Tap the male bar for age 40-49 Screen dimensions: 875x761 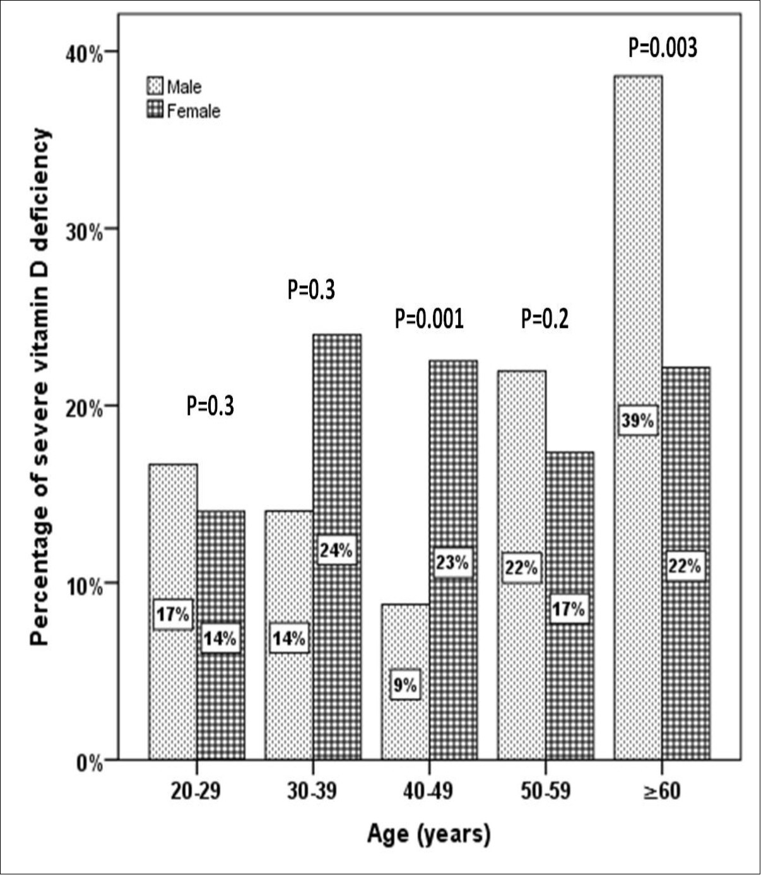click(405, 725)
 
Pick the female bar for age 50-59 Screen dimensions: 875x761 click(569, 681)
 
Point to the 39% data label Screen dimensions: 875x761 click(637, 420)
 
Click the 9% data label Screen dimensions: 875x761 click(405, 685)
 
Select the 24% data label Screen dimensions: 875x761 click(336, 550)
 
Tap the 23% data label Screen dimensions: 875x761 click(452, 562)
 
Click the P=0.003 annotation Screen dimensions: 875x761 click(663, 48)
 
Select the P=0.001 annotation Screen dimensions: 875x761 click(429, 319)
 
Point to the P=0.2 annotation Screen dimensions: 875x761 click(545, 319)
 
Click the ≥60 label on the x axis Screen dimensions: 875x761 click(662, 790)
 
